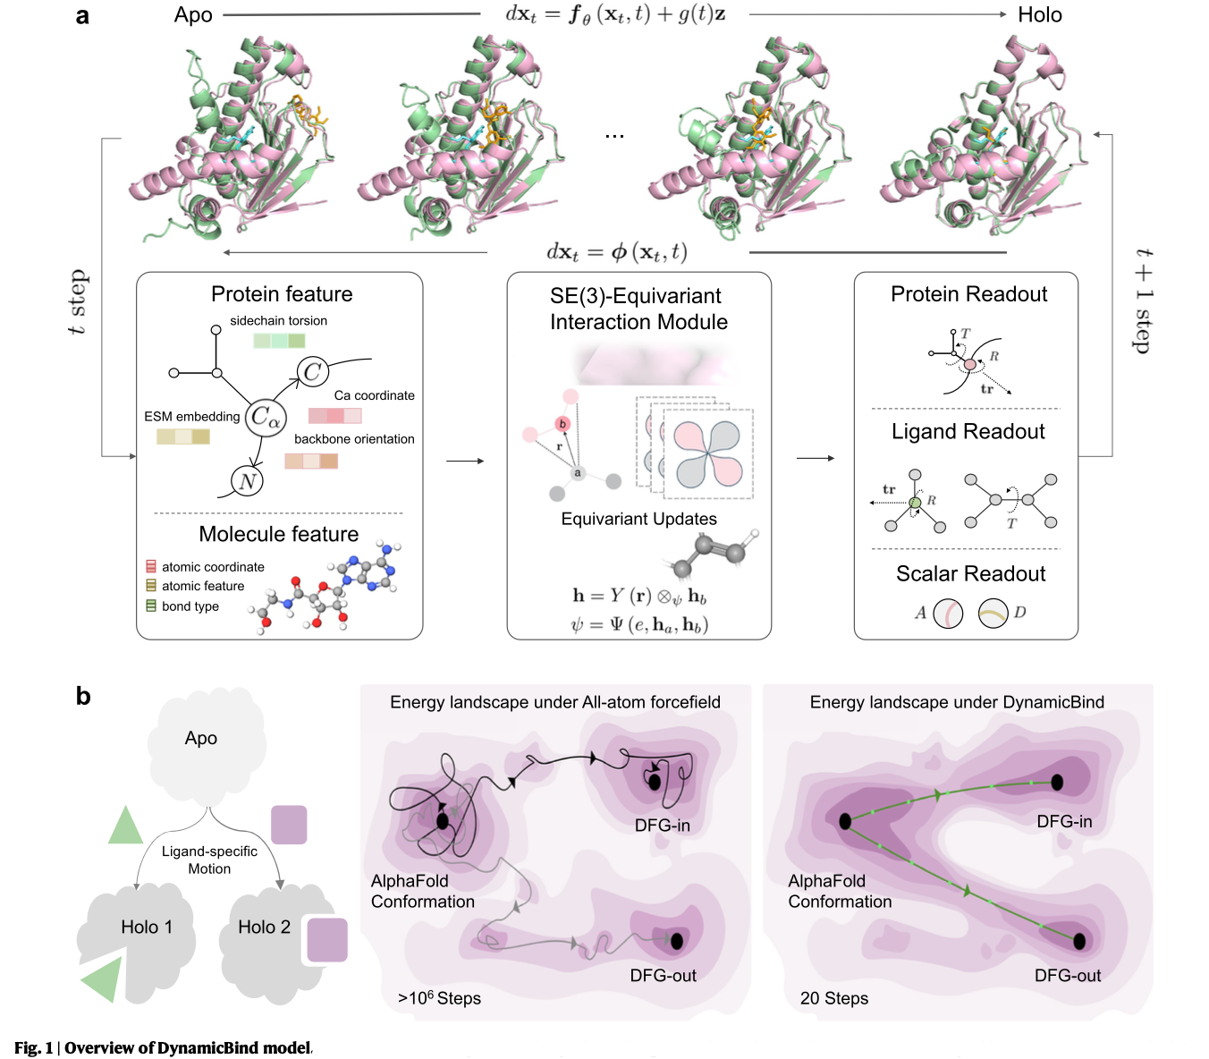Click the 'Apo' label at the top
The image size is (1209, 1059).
[193, 15]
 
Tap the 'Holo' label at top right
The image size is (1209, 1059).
[1039, 15]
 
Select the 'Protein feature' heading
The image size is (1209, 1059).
[282, 294]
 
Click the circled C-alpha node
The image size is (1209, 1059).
[266, 417]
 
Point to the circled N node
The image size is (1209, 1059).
[247, 481]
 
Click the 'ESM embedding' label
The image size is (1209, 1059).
[191, 417]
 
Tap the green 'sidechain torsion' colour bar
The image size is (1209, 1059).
[279, 341]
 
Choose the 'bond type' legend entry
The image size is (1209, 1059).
[190, 606]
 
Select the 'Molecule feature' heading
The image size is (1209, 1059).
[278, 534]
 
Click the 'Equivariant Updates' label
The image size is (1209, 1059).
[638, 519]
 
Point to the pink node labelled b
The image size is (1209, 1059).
[562, 424]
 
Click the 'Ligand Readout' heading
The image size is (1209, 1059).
[968, 432]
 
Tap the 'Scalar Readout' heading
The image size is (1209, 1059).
[970, 574]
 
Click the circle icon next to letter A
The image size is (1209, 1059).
[948, 614]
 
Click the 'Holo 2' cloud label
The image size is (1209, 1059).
[264, 928]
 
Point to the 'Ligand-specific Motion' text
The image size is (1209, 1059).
[209, 860]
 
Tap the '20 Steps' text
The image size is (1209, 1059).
[833, 998]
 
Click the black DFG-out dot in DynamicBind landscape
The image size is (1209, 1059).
[1079, 941]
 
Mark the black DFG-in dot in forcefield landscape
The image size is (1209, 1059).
[655, 782]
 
